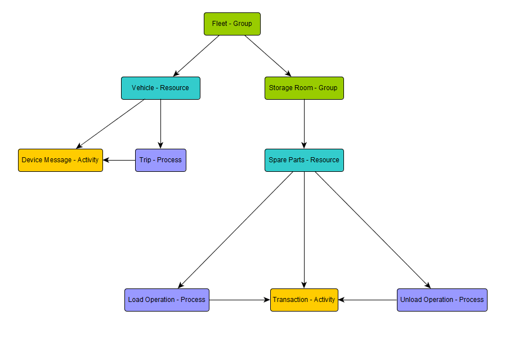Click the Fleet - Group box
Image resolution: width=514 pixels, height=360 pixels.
pyautogui.click(x=232, y=24)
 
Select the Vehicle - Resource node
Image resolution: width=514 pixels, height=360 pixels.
pyautogui.click(x=160, y=88)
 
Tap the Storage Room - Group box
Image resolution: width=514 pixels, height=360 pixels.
pyautogui.click(x=304, y=88)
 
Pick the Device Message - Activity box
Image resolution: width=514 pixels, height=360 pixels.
pyautogui.click(x=60, y=160)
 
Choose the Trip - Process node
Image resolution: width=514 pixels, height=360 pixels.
pyautogui.click(x=160, y=160)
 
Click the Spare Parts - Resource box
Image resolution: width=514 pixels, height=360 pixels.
pyautogui.click(x=304, y=160)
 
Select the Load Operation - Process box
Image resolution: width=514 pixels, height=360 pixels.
pyautogui.click(x=167, y=300)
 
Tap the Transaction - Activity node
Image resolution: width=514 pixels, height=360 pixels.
pyautogui.click(x=304, y=300)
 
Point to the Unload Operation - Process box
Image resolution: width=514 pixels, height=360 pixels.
pyautogui.click(x=442, y=300)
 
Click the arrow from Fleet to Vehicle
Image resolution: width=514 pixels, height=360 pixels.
pyautogui.click(x=196, y=55)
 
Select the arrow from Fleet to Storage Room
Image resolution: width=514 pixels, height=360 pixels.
pyautogui.click(x=268, y=55)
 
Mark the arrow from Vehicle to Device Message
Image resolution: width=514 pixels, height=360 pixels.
pyautogui.click(x=110, y=124)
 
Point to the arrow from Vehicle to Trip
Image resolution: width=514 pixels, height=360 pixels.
pyautogui.click(x=160, y=124)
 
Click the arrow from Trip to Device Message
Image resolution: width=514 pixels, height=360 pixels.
pyautogui.click(x=119, y=160)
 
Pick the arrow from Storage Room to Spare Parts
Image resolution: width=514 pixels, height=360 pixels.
pyautogui.click(x=304, y=124)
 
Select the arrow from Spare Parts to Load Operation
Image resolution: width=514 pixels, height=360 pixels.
pyautogui.click(x=235, y=230)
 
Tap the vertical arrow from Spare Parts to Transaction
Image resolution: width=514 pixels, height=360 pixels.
pyautogui.click(x=304, y=230)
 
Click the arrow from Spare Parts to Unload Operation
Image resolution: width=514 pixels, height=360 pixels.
pyautogui.click(x=373, y=230)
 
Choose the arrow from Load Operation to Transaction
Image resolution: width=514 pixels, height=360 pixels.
pyautogui.click(x=240, y=300)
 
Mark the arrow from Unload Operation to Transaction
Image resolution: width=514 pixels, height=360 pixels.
pyautogui.click(x=368, y=300)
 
